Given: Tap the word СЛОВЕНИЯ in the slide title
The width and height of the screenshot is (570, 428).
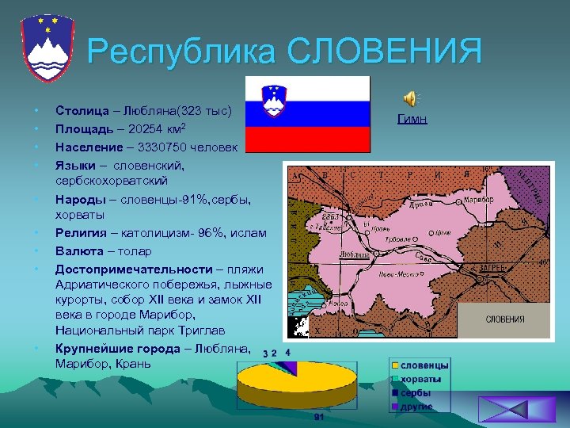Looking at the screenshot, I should coord(385,51).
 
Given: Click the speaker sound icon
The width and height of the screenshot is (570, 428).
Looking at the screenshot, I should coord(410,98).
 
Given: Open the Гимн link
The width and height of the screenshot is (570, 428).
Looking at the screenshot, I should coord(412,120).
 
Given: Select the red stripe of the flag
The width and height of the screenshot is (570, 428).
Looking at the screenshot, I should coord(307,139).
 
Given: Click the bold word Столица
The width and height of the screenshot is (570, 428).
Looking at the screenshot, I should coord(82,112).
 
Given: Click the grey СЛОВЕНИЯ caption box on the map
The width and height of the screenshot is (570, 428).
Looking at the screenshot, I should coord(504,319).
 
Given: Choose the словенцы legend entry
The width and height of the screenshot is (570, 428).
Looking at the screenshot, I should coord(424,365).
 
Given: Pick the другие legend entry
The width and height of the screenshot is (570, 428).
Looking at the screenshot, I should coord(416,406).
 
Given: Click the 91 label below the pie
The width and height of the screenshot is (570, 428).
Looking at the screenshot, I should coord(317,417).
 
